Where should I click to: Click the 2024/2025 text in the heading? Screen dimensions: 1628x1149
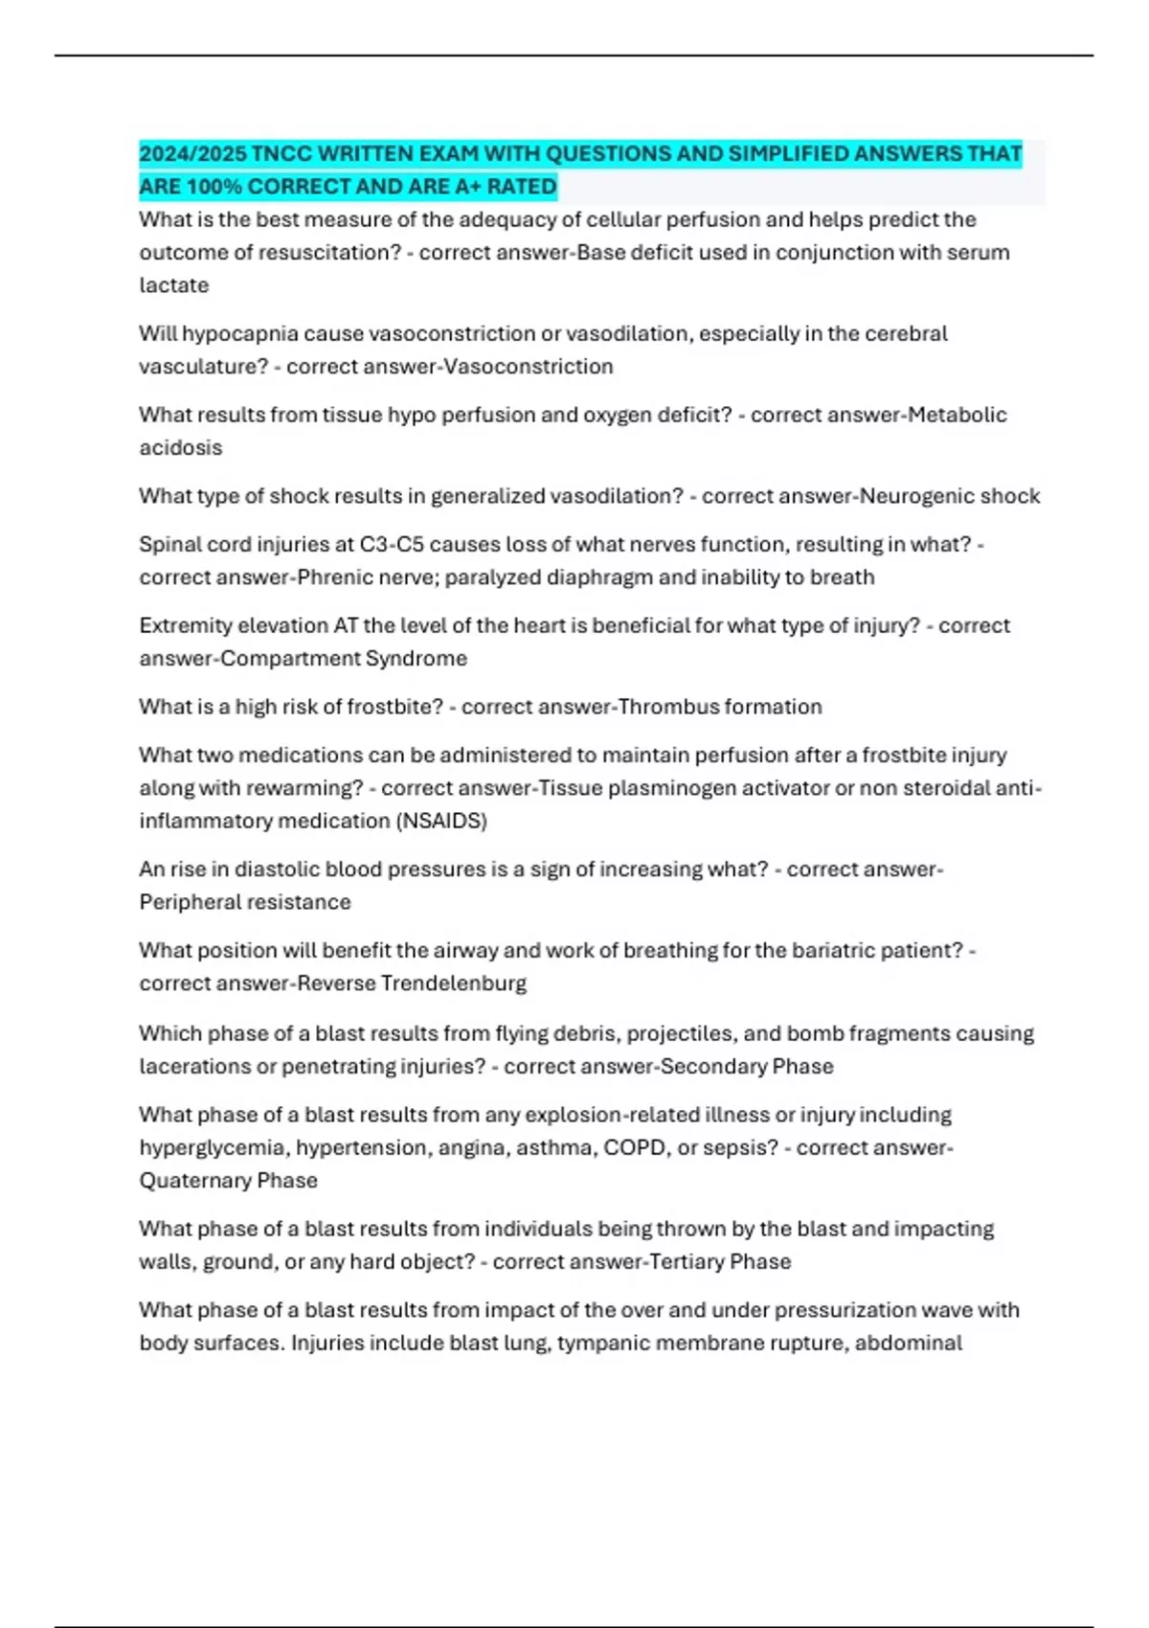pyautogui.click(x=192, y=154)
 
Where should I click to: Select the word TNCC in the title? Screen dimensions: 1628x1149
pyautogui.click(x=282, y=154)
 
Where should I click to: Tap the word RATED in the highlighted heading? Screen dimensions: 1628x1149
pyautogui.click(x=522, y=187)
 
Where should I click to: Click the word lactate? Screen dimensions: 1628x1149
pyautogui.click(x=173, y=285)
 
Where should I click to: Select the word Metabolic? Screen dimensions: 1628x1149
pyautogui.click(x=957, y=415)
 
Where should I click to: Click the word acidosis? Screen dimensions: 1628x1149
pyautogui.click(x=180, y=448)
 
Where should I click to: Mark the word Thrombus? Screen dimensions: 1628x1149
pyautogui.click(x=667, y=707)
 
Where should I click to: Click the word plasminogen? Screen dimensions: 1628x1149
pyautogui.click(x=674, y=788)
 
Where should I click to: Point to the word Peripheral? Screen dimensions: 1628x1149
pyautogui.click(x=189, y=902)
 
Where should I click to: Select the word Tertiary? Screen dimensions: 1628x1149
pyautogui.click(x=687, y=1262)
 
